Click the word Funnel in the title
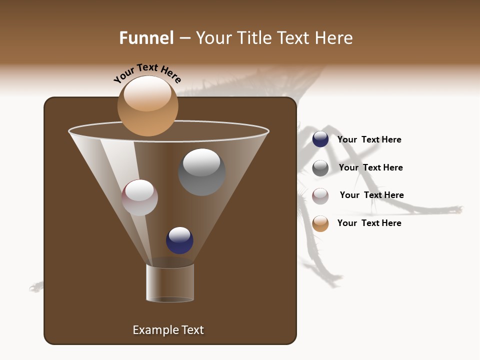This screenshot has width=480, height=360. (x=146, y=38)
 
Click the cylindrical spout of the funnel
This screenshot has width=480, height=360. (x=170, y=283)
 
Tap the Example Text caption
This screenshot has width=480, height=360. (x=168, y=330)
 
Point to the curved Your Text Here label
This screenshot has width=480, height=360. (x=147, y=73)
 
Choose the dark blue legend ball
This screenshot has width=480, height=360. (x=320, y=139)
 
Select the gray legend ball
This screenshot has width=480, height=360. (x=320, y=168)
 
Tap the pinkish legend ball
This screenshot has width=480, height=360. (x=320, y=196)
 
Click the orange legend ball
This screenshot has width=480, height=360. (x=320, y=223)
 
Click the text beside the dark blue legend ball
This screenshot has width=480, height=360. (x=369, y=140)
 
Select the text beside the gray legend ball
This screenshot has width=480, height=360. (x=370, y=168)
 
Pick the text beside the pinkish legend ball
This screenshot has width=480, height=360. (x=371, y=195)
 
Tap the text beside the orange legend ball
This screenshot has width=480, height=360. (x=369, y=223)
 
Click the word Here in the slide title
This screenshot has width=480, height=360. (x=334, y=38)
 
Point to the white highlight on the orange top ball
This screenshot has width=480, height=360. (x=147, y=94)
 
